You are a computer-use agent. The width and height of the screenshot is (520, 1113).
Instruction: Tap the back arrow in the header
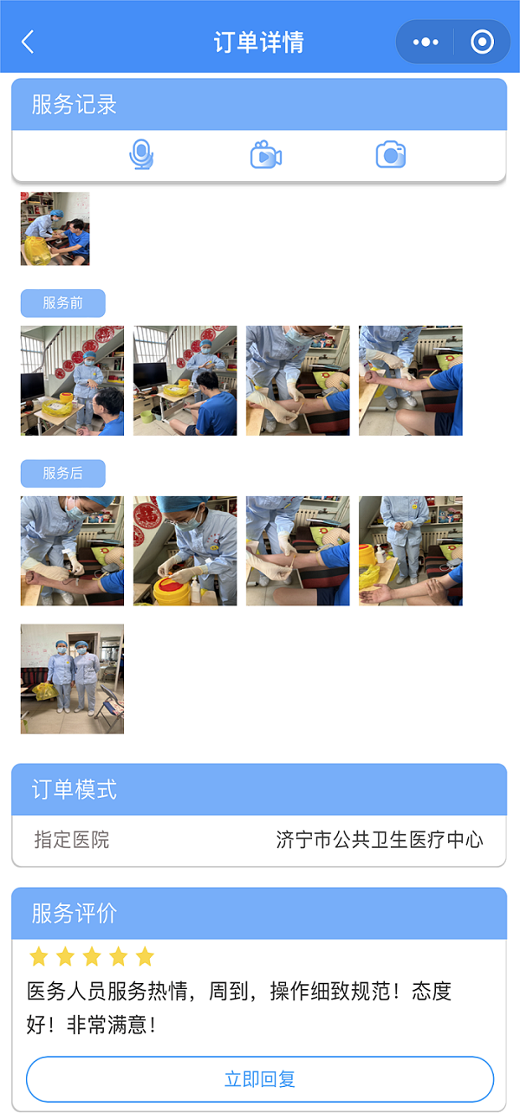(28, 42)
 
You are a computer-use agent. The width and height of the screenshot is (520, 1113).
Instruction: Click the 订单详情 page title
(258, 42)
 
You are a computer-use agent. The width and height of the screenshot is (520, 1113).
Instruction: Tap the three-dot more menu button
(426, 42)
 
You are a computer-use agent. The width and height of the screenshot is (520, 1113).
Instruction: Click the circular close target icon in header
(482, 42)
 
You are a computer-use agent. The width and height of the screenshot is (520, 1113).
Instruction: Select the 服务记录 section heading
(75, 105)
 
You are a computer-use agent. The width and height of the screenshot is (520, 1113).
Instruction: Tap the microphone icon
(141, 156)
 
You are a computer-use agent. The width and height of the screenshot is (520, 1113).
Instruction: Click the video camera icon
(266, 156)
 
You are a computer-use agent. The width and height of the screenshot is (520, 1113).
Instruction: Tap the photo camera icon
(391, 156)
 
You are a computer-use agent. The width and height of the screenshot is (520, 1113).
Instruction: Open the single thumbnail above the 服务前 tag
(55, 229)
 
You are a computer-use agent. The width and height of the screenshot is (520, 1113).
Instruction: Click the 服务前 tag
(63, 303)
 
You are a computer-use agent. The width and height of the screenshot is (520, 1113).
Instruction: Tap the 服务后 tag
(63, 474)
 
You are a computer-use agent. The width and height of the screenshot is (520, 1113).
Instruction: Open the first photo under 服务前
(72, 380)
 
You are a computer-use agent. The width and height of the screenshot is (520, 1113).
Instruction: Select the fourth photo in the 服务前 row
(411, 380)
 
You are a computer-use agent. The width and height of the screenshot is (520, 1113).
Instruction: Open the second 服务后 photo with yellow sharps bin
(185, 551)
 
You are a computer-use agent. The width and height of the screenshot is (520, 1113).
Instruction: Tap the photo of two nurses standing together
(72, 679)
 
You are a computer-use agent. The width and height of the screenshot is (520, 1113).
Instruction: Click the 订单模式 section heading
(75, 790)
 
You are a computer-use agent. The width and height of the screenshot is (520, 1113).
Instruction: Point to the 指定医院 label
(72, 839)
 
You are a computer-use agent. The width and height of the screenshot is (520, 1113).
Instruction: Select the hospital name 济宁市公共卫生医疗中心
(380, 839)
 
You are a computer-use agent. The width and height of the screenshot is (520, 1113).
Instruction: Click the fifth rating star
(145, 957)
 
